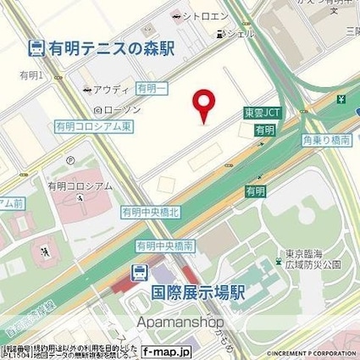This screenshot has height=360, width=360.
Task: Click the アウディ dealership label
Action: tap(110, 89)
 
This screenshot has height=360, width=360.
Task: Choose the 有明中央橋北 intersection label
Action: tap(149, 212)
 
